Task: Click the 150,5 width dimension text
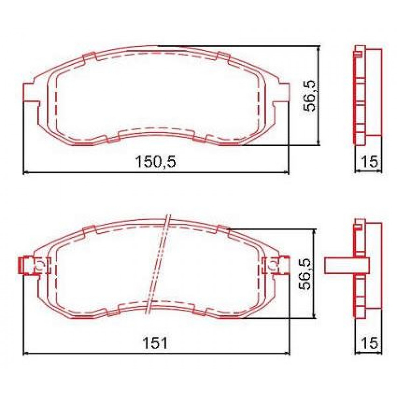pos(155,162)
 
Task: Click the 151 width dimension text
pos(155,343)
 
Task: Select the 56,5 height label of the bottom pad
pos(306,274)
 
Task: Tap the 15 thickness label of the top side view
pos(369,162)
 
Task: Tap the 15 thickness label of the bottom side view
pos(369,343)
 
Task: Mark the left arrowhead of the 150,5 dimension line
pos(25,172)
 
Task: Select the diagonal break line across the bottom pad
pos(159,265)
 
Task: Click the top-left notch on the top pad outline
pos(89,57)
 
